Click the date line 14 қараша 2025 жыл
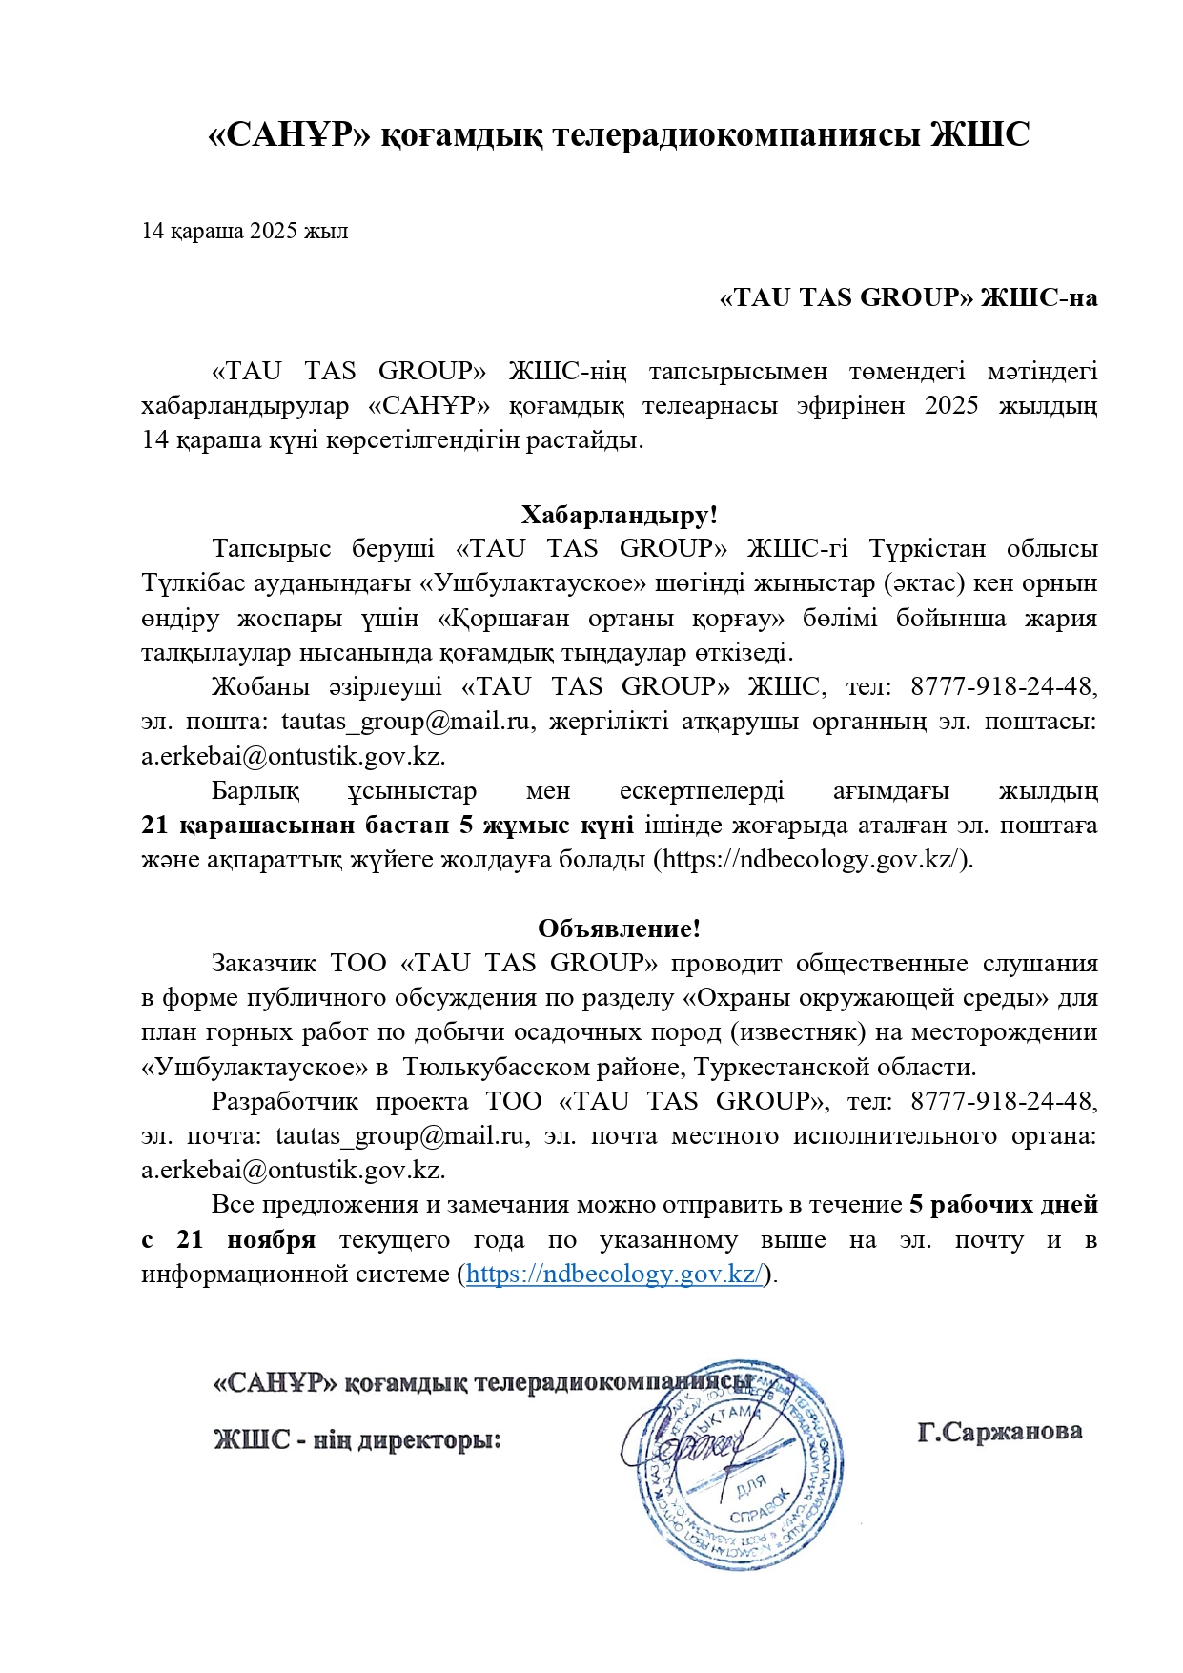tap(244, 231)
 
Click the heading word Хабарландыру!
tap(619, 515)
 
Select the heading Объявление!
tap(619, 928)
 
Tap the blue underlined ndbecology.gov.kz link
tap(614, 1274)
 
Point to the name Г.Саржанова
tap(999, 1431)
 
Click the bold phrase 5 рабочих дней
tap(1004, 1205)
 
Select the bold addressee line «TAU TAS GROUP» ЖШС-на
tap(908, 297)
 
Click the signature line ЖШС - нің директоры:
tap(357, 1439)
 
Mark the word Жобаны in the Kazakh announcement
tap(252, 686)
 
